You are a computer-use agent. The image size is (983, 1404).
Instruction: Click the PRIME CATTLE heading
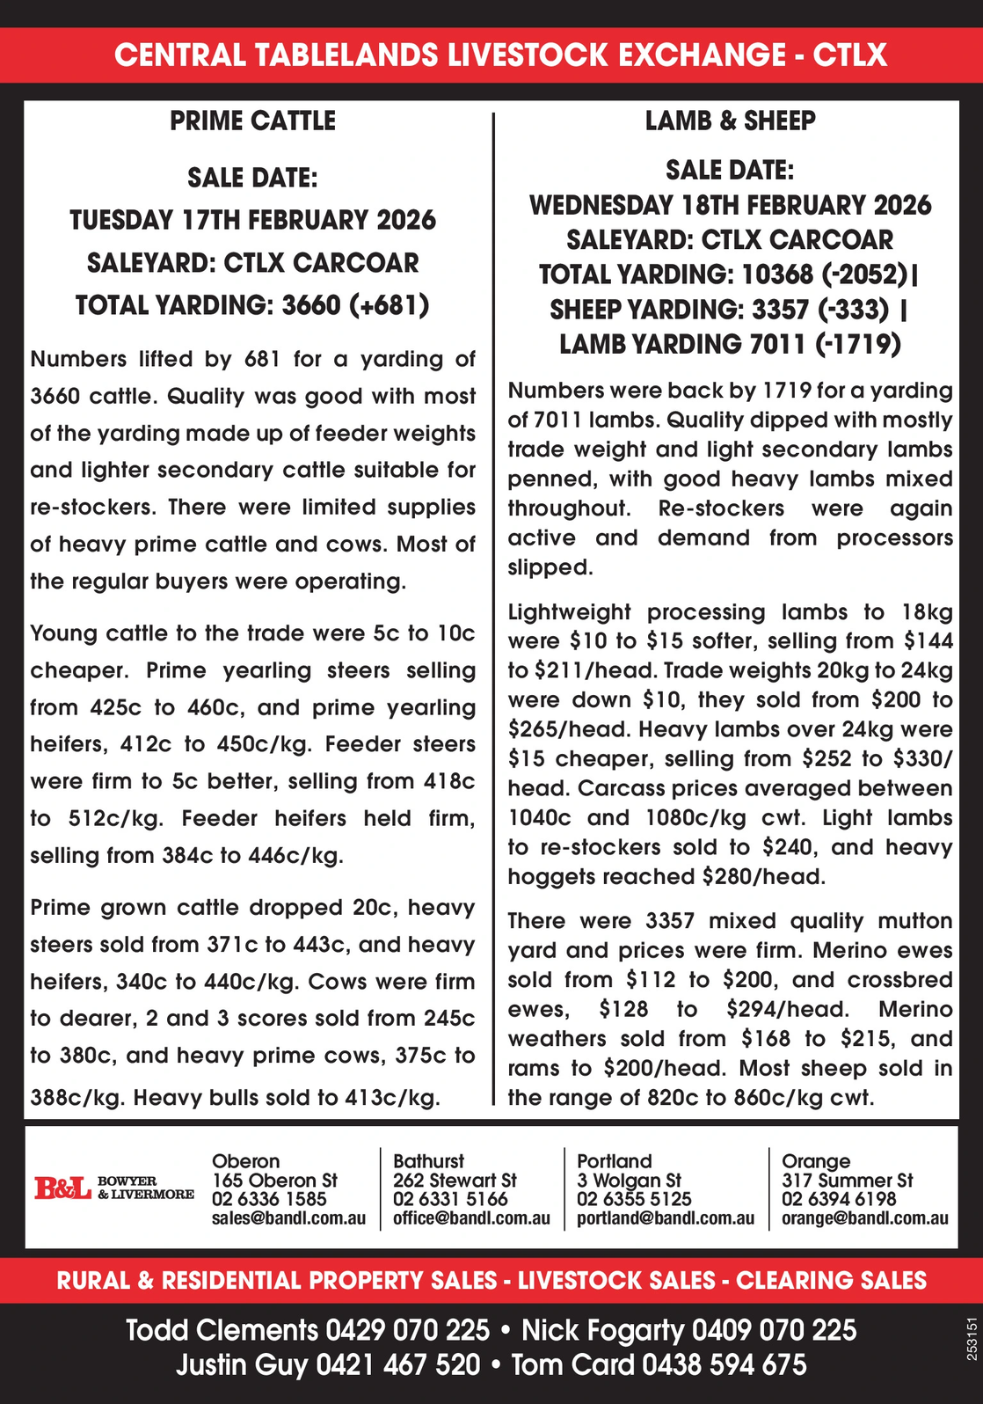(252, 121)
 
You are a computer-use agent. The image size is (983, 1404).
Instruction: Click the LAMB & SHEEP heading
(730, 121)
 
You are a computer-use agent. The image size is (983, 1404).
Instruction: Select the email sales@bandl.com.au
(288, 1218)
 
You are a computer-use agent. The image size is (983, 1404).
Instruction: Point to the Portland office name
(615, 1161)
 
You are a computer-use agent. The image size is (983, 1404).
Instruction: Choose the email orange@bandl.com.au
(864, 1218)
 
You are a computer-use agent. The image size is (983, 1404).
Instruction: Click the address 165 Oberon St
(274, 1181)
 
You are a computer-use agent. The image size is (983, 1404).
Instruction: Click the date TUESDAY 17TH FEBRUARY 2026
(252, 219)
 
